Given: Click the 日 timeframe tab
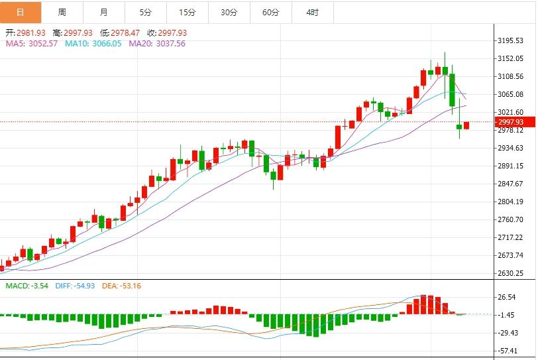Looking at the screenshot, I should pos(21,12).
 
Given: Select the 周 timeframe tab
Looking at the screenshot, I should pos(62,12).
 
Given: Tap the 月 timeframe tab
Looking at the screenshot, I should pos(104,12).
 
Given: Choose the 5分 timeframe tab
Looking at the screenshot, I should pos(146,12).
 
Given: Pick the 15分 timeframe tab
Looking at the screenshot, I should pos(188,12).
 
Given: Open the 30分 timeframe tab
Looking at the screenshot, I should pos(229,12).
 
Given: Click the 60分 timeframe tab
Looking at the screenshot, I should pos(270,12).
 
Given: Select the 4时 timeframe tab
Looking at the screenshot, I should pos(312,12).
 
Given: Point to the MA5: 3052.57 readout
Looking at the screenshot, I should pos(32,43).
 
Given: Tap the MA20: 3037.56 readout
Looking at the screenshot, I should pos(157,43).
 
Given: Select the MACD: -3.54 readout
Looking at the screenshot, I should pos(27,286).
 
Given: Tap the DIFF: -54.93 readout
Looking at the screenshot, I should pos(76,286).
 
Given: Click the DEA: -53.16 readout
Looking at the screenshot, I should pos(121,286).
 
